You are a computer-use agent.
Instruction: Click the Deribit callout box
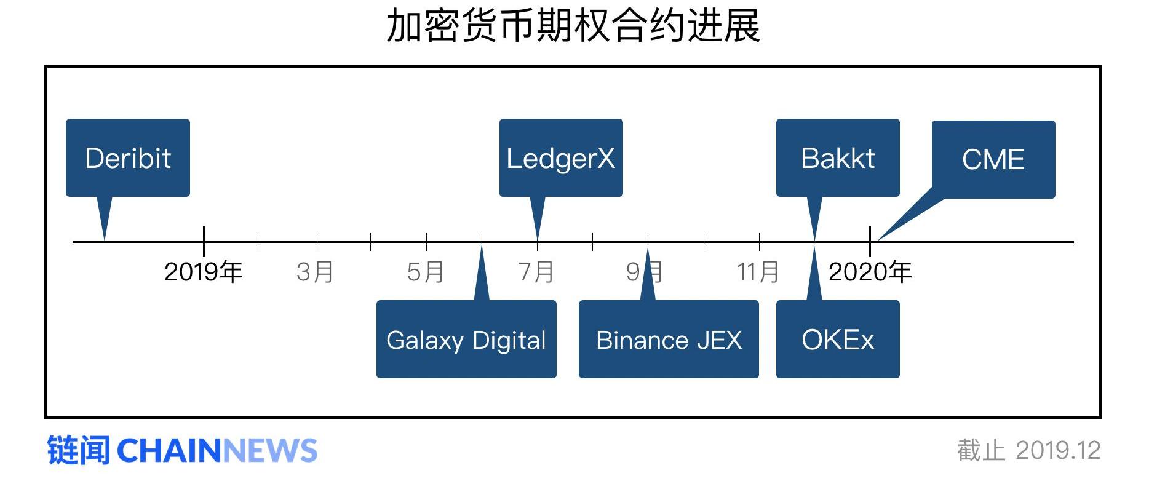(128, 157)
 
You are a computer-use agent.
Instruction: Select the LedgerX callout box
(561, 157)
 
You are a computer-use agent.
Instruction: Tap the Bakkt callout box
(838, 157)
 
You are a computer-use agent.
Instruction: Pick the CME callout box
(993, 159)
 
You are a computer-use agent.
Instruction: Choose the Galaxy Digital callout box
(466, 340)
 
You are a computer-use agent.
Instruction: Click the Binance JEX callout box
(669, 340)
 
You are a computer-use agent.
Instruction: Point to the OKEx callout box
(838, 340)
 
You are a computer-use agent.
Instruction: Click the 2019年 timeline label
(204, 272)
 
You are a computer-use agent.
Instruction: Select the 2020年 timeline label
(870, 272)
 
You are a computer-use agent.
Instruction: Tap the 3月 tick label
(315, 272)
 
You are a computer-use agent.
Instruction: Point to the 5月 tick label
(426, 272)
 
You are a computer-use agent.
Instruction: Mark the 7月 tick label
(536, 272)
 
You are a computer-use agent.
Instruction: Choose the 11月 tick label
(758, 272)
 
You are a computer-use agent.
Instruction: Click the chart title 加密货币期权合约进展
(573, 26)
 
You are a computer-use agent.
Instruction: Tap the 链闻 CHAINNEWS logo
(182, 450)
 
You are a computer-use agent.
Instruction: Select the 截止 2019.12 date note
(1028, 450)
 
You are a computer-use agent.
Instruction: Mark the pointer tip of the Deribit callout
(105, 239)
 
